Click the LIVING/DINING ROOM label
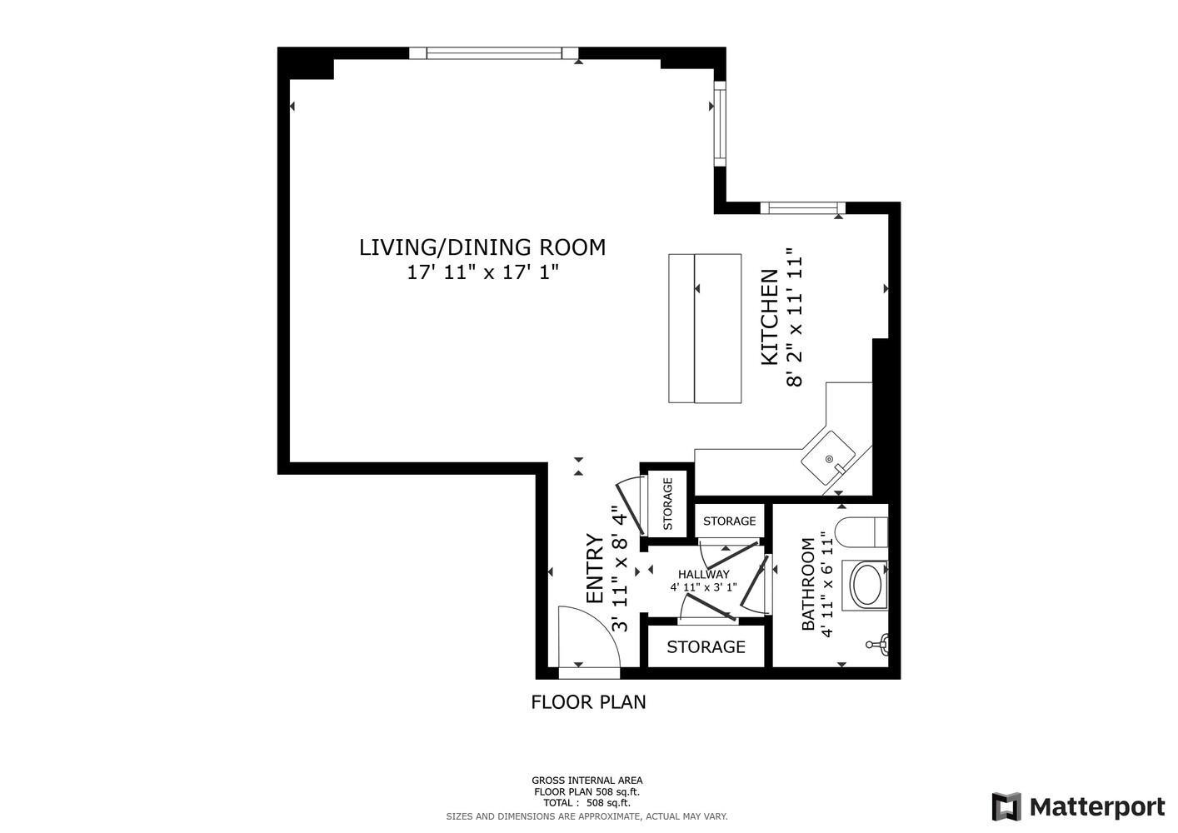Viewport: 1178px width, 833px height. [x=482, y=247]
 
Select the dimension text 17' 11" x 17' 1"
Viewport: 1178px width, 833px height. [x=482, y=272]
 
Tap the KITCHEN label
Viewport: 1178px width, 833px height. [x=770, y=317]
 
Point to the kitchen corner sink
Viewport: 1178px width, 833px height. [x=829, y=459]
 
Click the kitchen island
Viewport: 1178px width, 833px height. [x=705, y=328]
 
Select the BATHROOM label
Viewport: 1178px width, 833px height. [x=807, y=584]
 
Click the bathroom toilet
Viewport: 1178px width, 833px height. [x=862, y=531]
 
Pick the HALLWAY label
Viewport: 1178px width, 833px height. [x=703, y=575]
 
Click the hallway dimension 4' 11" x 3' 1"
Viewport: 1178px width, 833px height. [x=703, y=587]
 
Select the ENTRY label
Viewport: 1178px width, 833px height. [x=594, y=569]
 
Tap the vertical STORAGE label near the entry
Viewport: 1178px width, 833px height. [x=667, y=504]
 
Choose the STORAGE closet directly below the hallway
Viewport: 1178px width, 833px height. [x=706, y=647]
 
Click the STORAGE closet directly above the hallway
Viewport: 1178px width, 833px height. [x=729, y=521]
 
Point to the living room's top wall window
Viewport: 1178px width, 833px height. [x=493, y=53]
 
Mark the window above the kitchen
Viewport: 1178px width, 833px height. [x=802, y=207]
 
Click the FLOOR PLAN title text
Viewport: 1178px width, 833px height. [x=588, y=702]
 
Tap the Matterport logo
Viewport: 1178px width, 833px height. [x=1078, y=806]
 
